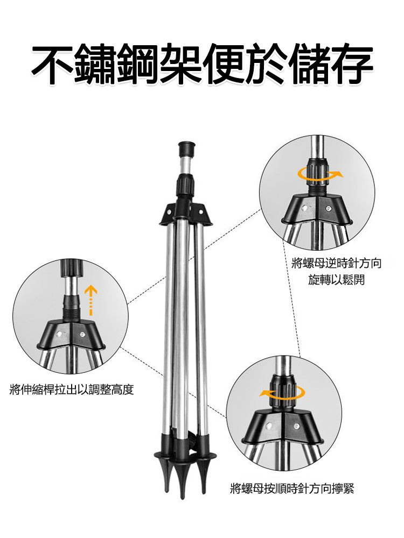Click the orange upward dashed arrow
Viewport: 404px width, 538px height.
point(91,299)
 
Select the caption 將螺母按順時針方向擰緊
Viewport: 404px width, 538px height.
point(291,489)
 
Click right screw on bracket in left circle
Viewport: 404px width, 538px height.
point(82,334)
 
